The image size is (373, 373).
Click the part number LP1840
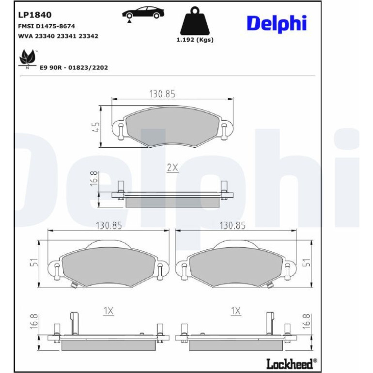pyautogui.click(x=35, y=15)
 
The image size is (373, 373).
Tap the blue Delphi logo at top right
pyautogui.click(x=277, y=24)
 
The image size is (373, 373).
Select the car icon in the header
pyautogui.click(x=143, y=13)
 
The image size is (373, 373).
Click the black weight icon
pyautogui.click(x=195, y=21)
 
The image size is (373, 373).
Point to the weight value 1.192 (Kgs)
pyautogui.click(x=195, y=40)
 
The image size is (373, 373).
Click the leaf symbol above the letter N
pyautogui.click(x=28, y=57)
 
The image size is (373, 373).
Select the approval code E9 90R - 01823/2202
pyautogui.click(x=74, y=67)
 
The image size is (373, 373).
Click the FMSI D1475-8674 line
pyautogui.click(x=47, y=26)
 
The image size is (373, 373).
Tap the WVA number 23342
pyautogui.click(x=88, y=36)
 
